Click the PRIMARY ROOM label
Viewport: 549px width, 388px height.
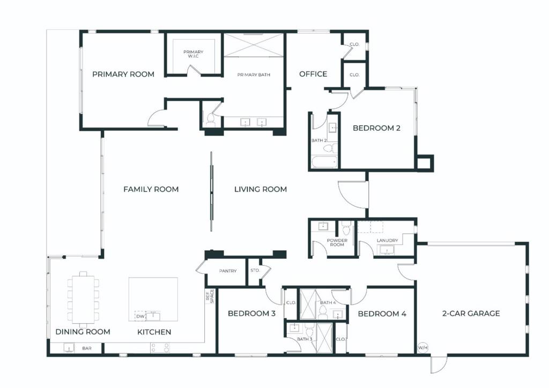(123, 74)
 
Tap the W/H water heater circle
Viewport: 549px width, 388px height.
(423, 348)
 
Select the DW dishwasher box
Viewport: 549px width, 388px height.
(140, 316)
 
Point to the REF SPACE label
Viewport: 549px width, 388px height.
(210, 296)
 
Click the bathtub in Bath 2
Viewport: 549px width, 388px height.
(324, 162)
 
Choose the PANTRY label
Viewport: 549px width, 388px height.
(228, 271)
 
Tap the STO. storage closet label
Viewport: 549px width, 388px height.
(255, 271)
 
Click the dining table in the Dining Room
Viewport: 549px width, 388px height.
(83, 300)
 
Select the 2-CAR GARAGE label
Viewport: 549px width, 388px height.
(471, 313)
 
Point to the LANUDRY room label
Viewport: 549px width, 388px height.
(387, 241)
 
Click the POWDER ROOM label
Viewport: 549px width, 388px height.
(337, 242)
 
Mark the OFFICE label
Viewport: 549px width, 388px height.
(313, 74)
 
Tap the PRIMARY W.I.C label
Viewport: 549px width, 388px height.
(193, 54)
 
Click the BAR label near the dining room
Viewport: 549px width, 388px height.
(87, 348)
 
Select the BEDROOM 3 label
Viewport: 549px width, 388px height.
(251, 313)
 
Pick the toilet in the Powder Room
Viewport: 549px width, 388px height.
(346, 228)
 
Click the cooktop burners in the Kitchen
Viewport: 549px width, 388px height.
(160, 347)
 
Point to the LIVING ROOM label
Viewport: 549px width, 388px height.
(261, 189)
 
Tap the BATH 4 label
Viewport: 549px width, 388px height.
(328, 303)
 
